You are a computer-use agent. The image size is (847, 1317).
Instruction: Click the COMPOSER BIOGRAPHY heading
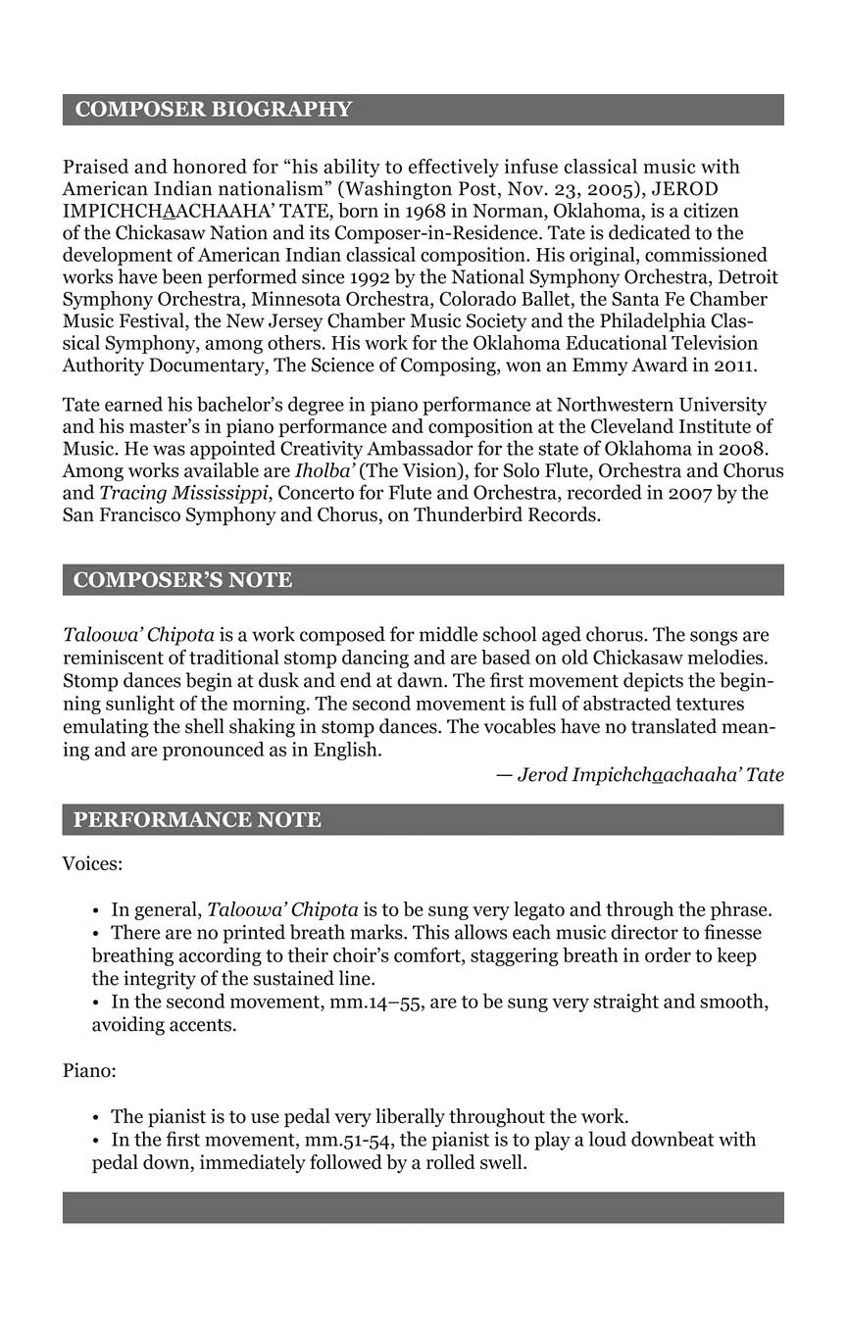pos(213,110)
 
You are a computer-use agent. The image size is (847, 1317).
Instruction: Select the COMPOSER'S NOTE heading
pos(182,580)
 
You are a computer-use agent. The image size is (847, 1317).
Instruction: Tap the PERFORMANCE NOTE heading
pos(197,820)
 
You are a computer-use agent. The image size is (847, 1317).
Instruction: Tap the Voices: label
pos(92,864)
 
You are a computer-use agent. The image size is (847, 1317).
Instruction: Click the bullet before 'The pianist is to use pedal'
pos(96,1117)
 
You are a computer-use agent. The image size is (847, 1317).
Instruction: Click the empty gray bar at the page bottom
pos(423,1207)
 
